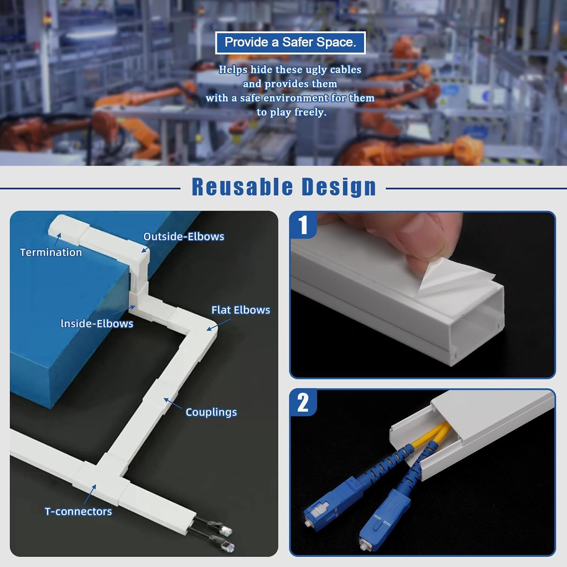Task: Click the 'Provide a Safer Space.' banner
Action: pos(290,43)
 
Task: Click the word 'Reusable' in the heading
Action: pos(242,187)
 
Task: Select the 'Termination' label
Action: pos(51,252)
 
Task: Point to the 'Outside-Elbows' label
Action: pos(184,237)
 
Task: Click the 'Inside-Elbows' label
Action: pos(97,324)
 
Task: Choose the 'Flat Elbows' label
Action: pos(241,310)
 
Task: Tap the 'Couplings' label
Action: pos(211,412)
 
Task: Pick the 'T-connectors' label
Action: pos(78,511)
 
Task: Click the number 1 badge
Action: pos(303,225)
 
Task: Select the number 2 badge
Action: pos(303,403)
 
